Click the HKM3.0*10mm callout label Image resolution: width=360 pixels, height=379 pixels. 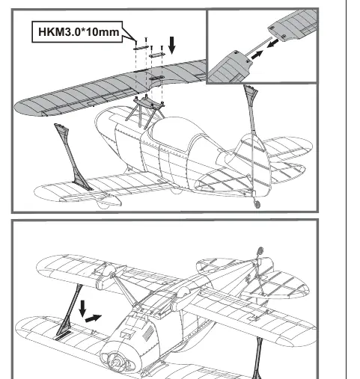coord(77,32)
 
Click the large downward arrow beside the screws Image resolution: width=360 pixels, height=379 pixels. coord(172,46)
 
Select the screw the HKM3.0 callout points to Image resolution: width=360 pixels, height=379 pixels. coord(136,43)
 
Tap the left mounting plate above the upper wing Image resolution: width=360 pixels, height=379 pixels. coord(141,48)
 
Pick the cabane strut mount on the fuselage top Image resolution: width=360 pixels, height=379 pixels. coord(147,102)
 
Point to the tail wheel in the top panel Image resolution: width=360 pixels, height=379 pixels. coord(257,204)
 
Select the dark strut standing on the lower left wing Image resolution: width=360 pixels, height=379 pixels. coord(73,157)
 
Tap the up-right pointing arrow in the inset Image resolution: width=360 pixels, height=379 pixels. coord(257,55)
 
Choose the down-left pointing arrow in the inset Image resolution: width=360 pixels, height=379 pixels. coord(273,43)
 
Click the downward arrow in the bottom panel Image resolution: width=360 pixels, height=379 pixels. coord(82,309)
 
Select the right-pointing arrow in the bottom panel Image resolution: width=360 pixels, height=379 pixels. coord(94,318)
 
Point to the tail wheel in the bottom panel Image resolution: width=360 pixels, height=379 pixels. coord(260,250)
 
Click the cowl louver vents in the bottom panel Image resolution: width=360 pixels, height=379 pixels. coord(148,333)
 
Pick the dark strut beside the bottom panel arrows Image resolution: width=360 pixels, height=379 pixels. coord(69,312)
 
